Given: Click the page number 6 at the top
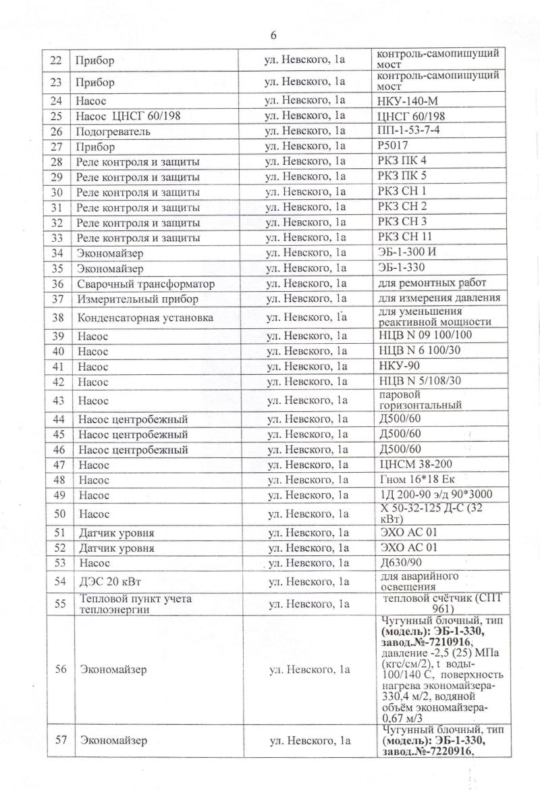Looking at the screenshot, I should point(273,35).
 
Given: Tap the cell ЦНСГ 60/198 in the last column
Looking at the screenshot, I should point(412,116).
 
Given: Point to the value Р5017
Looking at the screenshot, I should point(396,145).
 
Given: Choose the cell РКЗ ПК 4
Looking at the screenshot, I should point(404,161).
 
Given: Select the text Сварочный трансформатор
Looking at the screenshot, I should point(146,284).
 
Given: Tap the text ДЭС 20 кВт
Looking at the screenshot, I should point(111,581).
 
